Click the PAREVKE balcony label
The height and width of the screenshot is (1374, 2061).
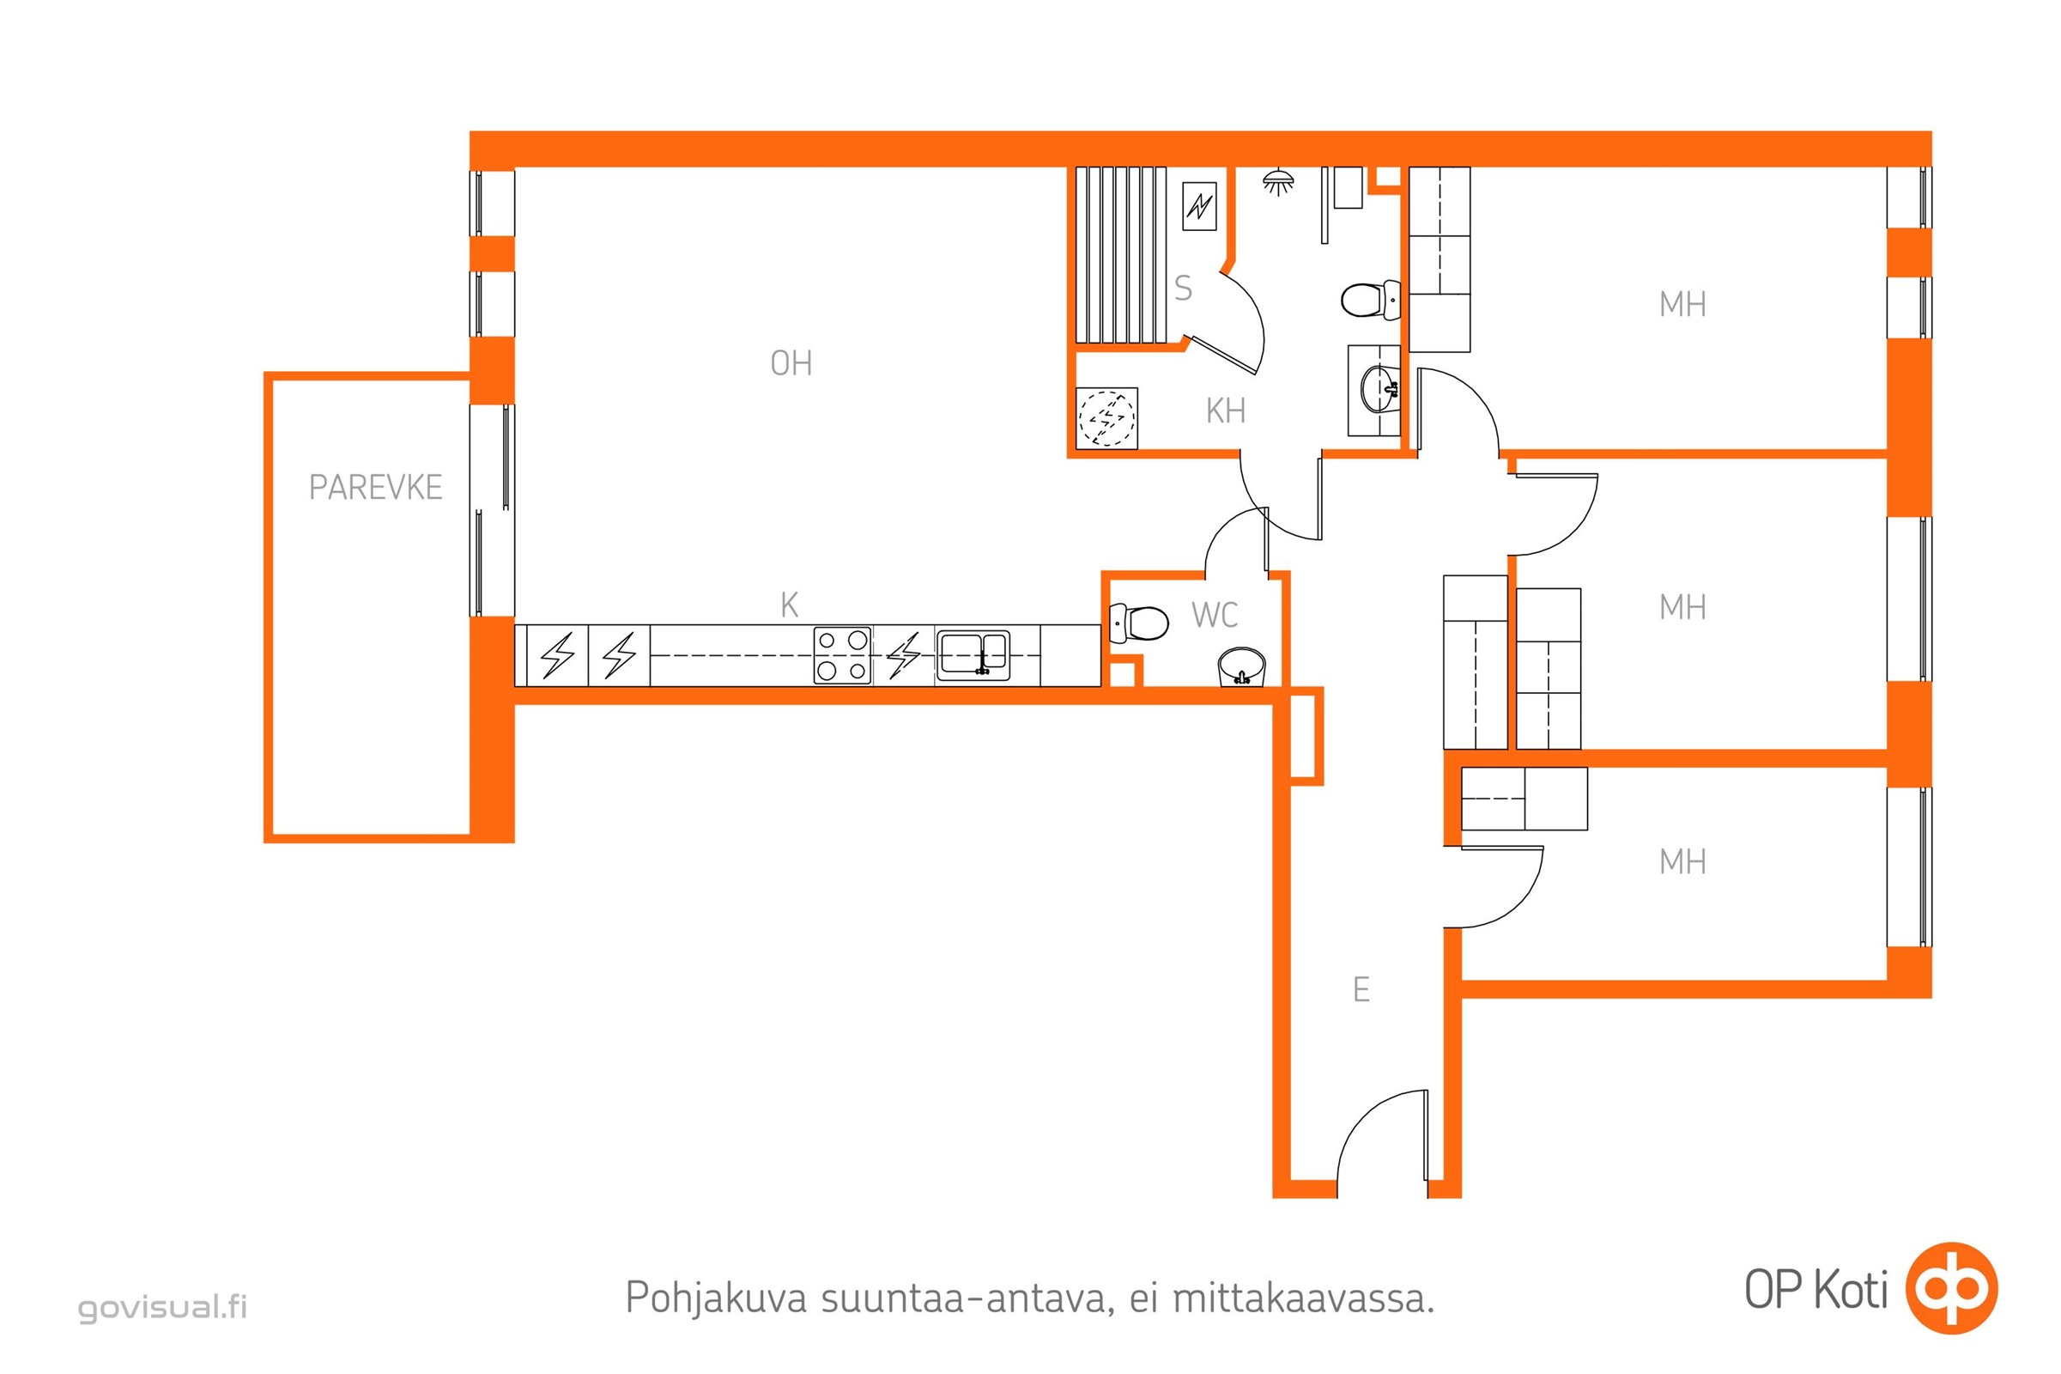coord(375,487)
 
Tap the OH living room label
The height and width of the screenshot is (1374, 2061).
coord(791,362)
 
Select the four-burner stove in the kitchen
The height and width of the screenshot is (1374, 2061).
coord(842,654)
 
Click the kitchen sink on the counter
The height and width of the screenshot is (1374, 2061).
coord(973,655)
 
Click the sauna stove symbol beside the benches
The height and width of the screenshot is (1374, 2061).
coord(1199,206)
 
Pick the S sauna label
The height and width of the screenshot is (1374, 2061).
coord(1183,289)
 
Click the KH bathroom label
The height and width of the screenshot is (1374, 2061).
coord(1225,411)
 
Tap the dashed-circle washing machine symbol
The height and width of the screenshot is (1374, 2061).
coord(1107,418)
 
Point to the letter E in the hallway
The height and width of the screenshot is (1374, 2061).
coord(1361,990)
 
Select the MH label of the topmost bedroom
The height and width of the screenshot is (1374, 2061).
coord(1682,305)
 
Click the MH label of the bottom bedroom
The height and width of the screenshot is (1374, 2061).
coord(1682,862)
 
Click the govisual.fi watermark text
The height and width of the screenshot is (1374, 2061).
coord(163,1306)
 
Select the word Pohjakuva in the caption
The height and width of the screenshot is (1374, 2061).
coord(716,1298)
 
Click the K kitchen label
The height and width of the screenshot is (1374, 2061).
coord(789,605)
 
